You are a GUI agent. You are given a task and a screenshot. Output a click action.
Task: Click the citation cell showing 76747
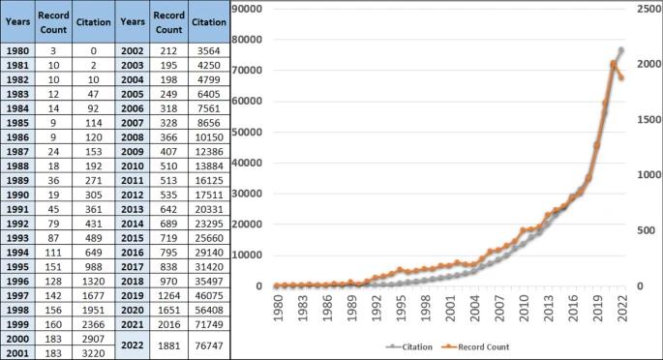[209, 345]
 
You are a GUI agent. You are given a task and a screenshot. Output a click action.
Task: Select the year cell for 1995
[17, 267]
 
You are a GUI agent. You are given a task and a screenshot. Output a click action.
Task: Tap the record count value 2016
[168, 324]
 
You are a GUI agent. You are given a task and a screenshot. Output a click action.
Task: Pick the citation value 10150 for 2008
[209, 137]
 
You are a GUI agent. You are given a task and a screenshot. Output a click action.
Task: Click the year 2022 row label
[133, 345]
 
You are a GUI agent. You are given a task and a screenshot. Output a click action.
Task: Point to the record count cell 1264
[168, 296]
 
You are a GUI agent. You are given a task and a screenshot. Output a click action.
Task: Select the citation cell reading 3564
[209, 51]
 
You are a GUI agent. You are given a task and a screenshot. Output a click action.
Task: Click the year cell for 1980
[17, 51]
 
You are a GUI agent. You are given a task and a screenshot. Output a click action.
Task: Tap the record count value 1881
[168, 345]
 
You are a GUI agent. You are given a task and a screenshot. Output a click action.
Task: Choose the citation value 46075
[209, 296]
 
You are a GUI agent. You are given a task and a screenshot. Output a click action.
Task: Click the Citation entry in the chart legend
[409, 346]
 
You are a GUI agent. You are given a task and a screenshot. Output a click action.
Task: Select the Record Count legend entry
[475, 346]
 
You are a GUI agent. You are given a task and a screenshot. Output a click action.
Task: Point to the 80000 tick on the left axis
[247, 40]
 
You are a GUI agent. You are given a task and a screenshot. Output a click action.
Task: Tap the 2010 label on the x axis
[524, 308]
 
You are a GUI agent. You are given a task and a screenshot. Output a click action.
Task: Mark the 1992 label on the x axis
[377, 308]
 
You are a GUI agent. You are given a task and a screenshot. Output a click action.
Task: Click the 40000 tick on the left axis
[247, 163]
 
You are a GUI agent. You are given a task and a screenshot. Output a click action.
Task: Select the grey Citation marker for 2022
[621, 50]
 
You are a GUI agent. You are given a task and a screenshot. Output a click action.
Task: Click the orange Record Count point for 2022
[621, 77]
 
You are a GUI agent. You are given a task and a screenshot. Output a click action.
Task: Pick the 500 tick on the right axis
[646, 230]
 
